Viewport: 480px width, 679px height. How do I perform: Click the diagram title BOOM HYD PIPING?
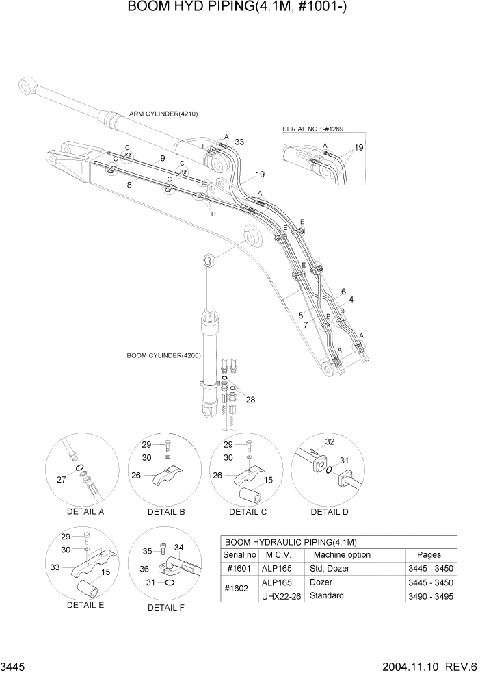pyautogui.click(x=239, y=8)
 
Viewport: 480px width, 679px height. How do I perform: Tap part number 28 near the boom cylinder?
pyautogui.click(x=250, y=400)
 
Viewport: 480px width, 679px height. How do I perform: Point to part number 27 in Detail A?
pyautogui.click(x=62, y=480)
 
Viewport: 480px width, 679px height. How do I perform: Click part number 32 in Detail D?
pyautogui.click(x=330, y=441)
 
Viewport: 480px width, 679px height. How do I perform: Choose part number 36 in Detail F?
pyautogui.click(x=145, y=568)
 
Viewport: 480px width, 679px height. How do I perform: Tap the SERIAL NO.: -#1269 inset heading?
pyautogui.click(x=314, y=128)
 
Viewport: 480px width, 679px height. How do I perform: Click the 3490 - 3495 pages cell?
pyautogui.click(x=428, y=596)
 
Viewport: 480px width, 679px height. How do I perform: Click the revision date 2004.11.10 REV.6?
pyautogui.click(x=425, y=667)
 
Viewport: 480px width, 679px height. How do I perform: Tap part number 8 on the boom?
pyautogui.click(x=129, y=185)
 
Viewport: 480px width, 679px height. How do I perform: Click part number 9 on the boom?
pyautogui.click(x=162, y=159)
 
